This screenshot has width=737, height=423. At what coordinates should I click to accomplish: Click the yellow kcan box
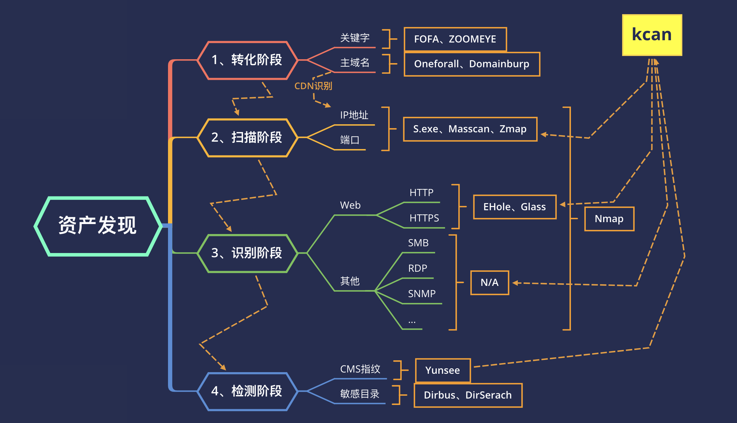pos(652,35)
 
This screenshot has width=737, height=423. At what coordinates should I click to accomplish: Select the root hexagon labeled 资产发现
pos(98,226)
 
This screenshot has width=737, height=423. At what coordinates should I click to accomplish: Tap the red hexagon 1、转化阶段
pos(247,60)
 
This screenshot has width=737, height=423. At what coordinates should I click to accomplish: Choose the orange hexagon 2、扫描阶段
pos(247,137)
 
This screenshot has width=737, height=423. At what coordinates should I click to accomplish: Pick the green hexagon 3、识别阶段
pos(247,253)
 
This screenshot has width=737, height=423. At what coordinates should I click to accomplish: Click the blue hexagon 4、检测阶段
pos(247,391)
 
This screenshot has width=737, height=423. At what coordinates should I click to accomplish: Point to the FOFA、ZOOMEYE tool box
pos(455,39)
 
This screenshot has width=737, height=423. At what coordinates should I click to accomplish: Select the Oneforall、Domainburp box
pos(471,64)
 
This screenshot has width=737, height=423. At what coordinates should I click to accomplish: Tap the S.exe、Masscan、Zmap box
pos(470,129)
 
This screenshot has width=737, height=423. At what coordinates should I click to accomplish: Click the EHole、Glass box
pos(514,207)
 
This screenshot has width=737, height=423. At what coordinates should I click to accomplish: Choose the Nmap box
pos(609,219)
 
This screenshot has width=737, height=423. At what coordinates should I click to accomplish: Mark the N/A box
pos(490,283)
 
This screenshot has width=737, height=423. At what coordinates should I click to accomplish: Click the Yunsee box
pos(443,370)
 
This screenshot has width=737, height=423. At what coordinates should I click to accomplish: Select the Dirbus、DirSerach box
pos(468,395)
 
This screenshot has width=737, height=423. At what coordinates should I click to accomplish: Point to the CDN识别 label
pos(313,86)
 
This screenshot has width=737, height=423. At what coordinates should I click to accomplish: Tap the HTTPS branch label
pos(424,218)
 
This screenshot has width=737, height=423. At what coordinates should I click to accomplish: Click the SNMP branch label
pos(422,294)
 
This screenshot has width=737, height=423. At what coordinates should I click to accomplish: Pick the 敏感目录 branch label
pos(360,394)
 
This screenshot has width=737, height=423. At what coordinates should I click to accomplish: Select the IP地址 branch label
pos(354,115)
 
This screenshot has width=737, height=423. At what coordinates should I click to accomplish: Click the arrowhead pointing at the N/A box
pos(515,283)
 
